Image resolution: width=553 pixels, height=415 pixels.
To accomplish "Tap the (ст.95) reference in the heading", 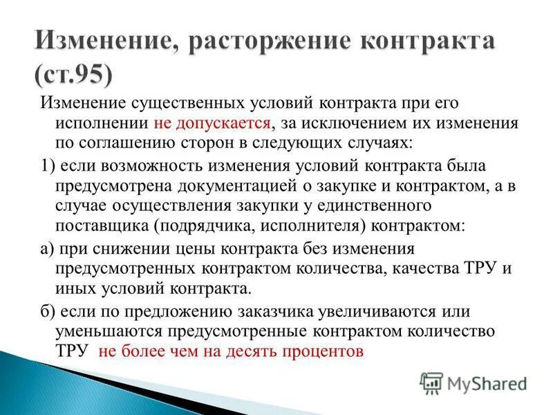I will coord(72,73).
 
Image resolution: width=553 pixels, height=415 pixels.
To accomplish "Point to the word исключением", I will coord(342,123).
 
